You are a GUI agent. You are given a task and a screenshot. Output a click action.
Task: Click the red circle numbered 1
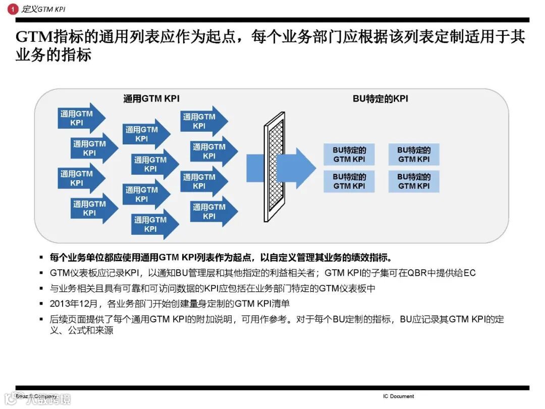(x=13, y=9)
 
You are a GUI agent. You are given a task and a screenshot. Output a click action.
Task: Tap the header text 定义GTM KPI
(x=44, y=9)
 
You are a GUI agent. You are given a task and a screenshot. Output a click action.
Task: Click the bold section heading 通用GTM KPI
(x=151, y=99)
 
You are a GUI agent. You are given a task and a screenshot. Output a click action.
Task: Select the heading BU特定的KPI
(x=380, y=99)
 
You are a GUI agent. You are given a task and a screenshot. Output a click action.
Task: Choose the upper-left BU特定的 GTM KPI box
(x=349, y=155)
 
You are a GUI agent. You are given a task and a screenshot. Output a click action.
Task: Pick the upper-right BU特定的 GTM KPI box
(x=414, y=155)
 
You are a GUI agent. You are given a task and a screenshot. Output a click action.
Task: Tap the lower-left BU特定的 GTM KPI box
(x=349, y=181)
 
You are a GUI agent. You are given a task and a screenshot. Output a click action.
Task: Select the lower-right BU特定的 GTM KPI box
(x=414, y=181)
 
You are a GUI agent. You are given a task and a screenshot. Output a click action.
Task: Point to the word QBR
(x=415, y=273)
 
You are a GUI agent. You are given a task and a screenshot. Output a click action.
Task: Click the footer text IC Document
(x=398, y=396)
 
